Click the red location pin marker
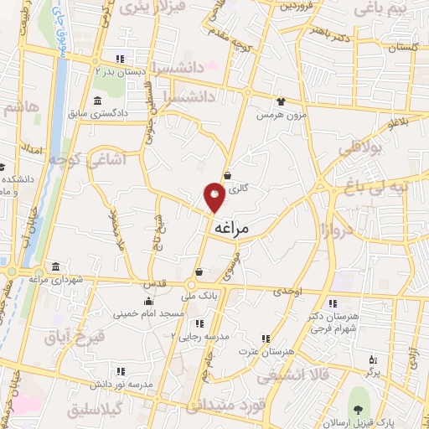(214, 197)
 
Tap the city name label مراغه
(232, 227)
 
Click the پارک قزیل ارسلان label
(359, 423)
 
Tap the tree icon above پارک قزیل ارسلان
(359, 410)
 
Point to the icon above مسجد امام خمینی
(149, 301)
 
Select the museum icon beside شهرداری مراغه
(55, 267)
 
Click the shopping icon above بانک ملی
(199, 272)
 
